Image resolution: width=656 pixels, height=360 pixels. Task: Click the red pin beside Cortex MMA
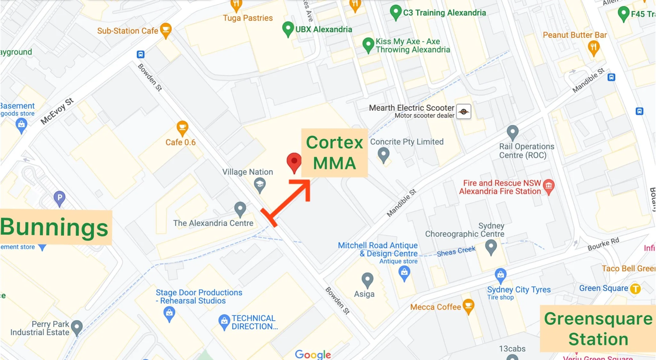tap(294, 162)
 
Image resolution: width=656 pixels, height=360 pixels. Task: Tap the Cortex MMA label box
tap(334, 153)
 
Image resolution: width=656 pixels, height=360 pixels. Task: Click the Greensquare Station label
tap(598, 329)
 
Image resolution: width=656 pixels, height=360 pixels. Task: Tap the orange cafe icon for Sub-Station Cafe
tap(166, 30)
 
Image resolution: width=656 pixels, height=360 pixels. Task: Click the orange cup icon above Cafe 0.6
tap(182, 128)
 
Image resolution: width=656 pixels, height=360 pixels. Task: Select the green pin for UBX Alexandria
tap(288, 29)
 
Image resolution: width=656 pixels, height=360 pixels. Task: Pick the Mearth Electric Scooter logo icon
tap(463, 111)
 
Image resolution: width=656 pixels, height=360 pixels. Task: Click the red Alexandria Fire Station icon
tap(549, 186)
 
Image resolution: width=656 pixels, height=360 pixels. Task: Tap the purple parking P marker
tap(60, 198)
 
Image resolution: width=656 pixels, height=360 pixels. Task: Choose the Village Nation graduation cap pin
tap(259, 184)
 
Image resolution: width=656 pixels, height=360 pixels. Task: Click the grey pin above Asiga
tap(367, 280)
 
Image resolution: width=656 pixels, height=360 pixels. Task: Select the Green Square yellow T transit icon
tap(635, 289)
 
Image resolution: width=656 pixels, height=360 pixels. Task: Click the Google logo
tap(313, 354)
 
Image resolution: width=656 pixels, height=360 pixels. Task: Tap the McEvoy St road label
tap(57, 111)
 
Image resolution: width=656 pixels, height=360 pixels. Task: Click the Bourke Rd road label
tap(603, 244)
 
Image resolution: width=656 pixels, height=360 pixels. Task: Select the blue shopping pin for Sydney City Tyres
tap(500, 275)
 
